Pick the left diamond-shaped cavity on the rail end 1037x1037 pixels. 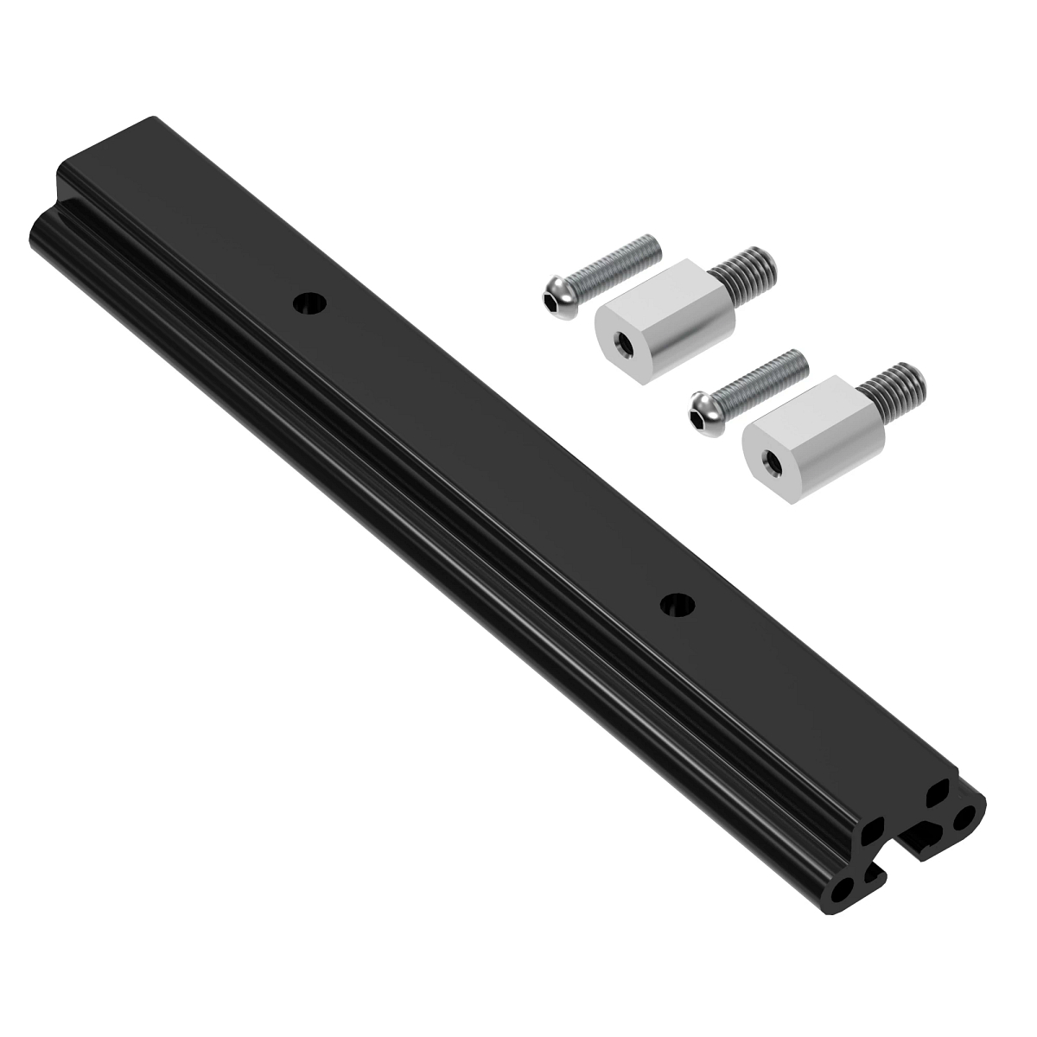click(x=874, y=832)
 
